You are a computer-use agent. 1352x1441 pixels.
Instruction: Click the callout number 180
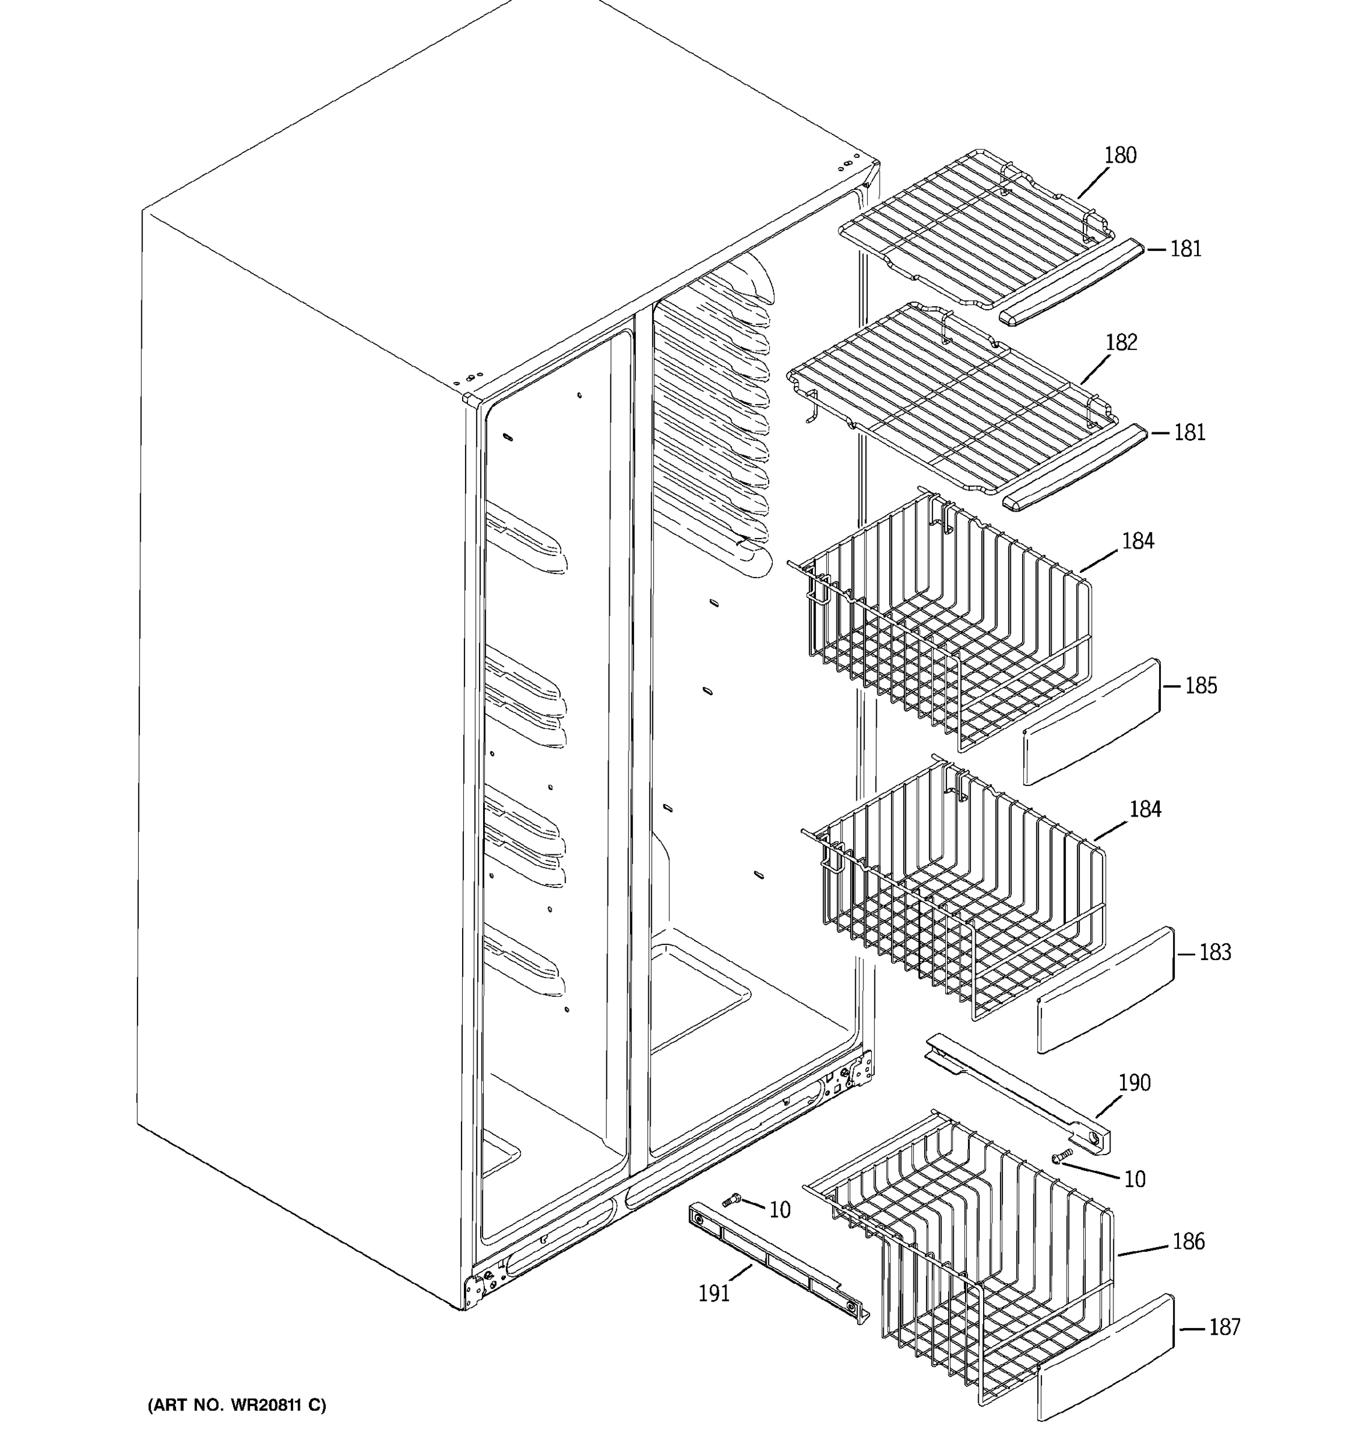[1120, 155]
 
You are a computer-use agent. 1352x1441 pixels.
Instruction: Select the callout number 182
[1121, 342]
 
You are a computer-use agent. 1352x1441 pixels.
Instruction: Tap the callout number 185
[1201, 685]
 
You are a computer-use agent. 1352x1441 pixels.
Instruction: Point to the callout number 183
[1215, 952]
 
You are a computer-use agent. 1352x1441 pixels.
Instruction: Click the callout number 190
[1134, 1083]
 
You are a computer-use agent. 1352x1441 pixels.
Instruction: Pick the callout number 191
[714, 1294]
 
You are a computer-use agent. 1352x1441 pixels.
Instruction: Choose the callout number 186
[1188, 1242]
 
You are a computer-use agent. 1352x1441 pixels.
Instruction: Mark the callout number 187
[1225, 1327]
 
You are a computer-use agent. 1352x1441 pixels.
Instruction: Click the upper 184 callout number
[1137, 541]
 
